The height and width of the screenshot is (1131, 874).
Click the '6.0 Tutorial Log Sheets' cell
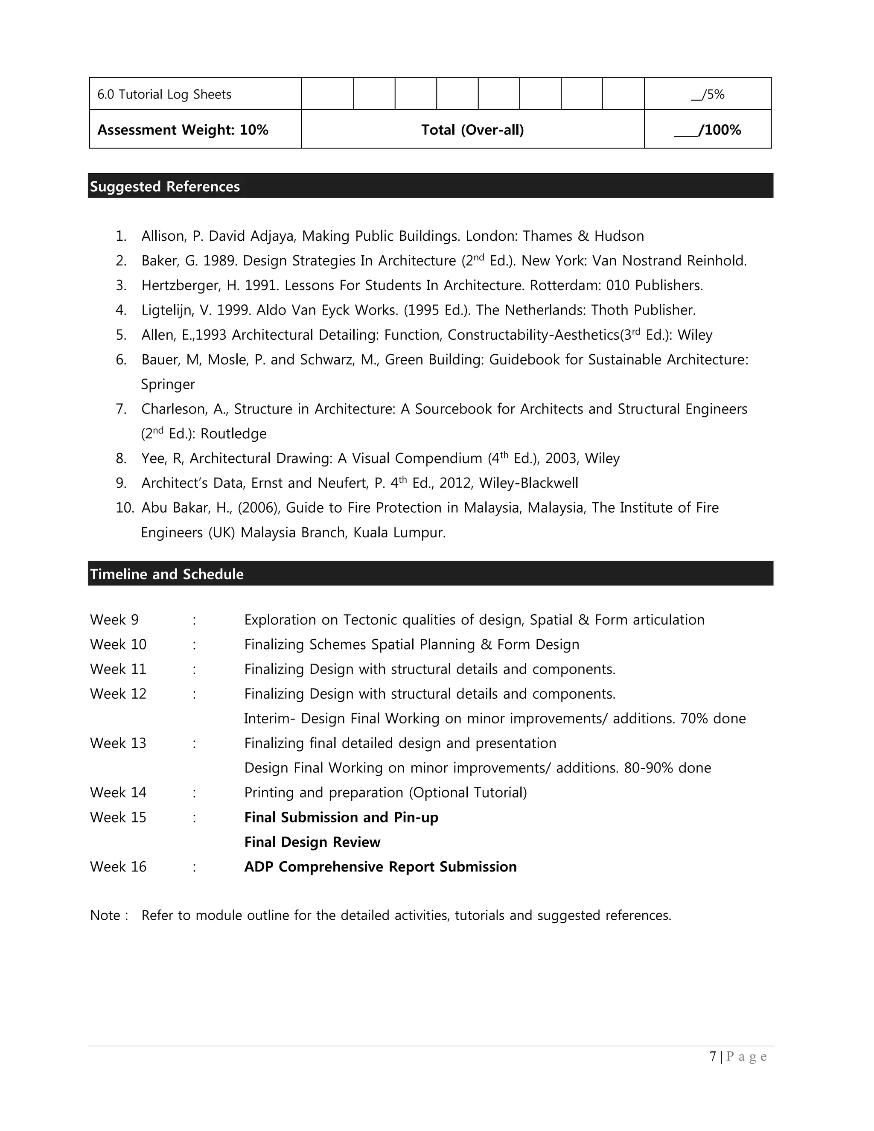(164, 94)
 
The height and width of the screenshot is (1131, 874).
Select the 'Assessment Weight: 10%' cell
(183, 129)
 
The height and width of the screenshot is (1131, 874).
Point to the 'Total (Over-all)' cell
(472, 129)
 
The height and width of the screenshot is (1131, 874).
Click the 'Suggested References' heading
(165, 187)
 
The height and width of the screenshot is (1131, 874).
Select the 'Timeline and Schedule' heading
(167, 574)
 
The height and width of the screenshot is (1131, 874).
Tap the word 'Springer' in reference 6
(168, 384)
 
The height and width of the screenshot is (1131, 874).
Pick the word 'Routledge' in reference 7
(233, 434)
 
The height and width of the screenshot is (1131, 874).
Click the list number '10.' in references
(125, 507)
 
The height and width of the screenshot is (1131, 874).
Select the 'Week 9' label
(114, 619)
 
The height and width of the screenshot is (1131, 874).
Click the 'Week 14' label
(118, 792)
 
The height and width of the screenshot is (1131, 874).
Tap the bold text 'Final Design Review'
(312, 842)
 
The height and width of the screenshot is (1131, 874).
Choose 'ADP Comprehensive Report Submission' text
(381, 867)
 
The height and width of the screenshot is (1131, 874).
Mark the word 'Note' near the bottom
(105, 915)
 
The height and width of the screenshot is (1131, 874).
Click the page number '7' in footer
(713, 1056)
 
